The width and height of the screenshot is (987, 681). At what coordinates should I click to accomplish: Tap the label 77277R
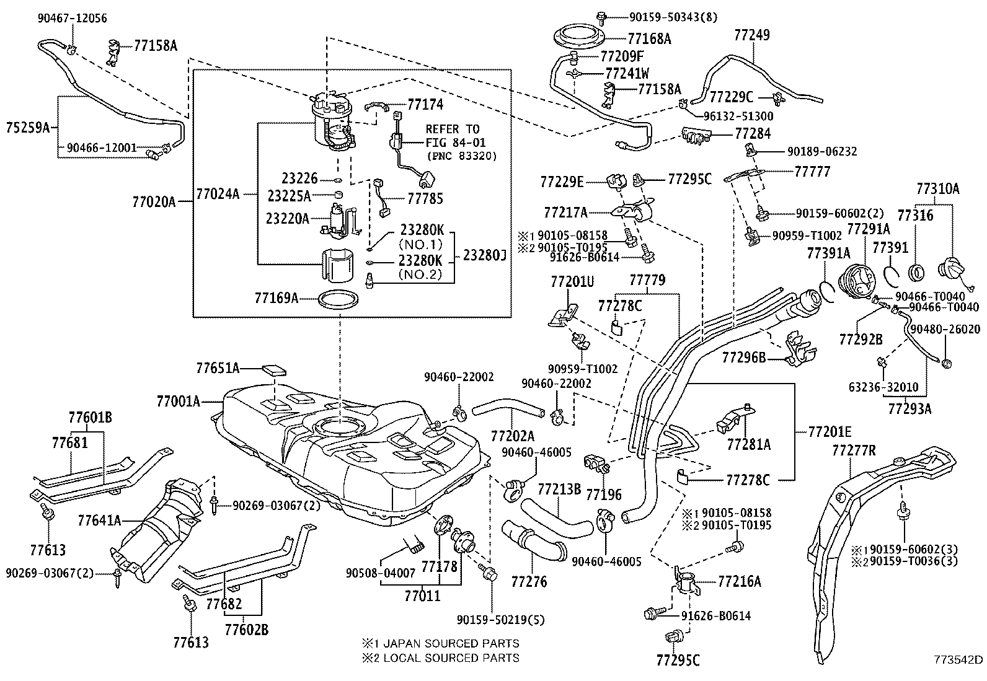tap(853, 450)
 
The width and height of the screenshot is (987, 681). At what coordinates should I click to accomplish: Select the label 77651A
tap(218, 368)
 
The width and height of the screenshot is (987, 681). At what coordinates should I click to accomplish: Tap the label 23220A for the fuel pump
tap(287, 218)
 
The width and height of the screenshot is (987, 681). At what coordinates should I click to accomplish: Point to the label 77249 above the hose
tap(752, 35)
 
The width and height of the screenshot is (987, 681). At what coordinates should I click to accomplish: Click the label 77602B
tap(246, 630)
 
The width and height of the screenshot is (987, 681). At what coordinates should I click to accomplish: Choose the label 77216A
tap(739, 581)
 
